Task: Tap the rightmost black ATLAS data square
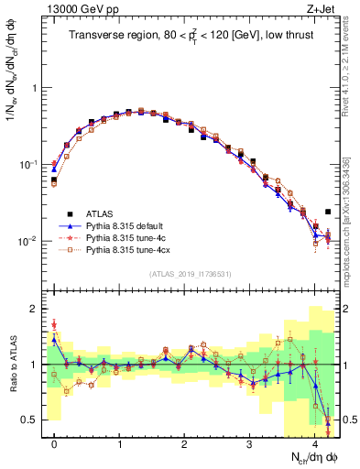tap(328, 212)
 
